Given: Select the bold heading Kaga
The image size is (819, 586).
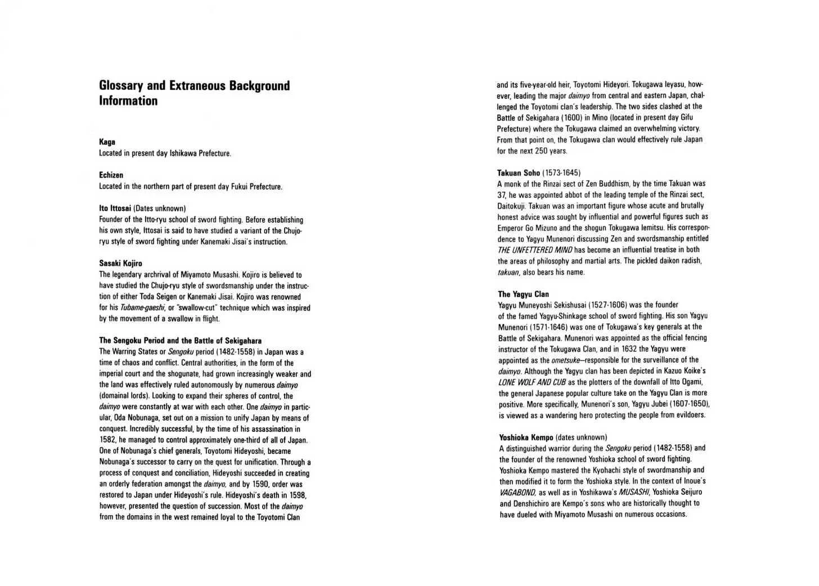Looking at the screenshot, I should (107, 142).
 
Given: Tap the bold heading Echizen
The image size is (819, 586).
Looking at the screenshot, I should (111, 175).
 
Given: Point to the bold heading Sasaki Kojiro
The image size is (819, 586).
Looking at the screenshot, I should (120, 263).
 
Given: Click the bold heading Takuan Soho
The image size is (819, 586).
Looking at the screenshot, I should (518, 173).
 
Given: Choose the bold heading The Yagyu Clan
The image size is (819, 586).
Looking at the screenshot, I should (523, 294).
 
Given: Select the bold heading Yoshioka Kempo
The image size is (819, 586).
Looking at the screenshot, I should (526, 437).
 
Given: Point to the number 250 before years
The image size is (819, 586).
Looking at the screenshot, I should (541, 151).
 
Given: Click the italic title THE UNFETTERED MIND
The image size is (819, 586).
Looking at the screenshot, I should (534, 250).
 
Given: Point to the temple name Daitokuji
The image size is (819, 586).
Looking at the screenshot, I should (511, 206).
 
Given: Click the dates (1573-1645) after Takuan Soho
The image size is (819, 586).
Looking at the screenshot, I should (561, 173).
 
